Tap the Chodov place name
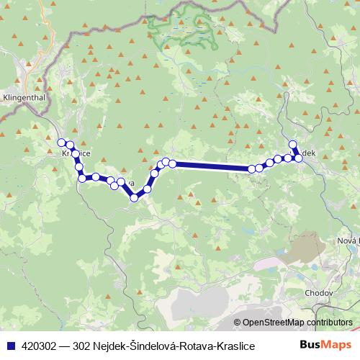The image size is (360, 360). pyautogui.click(x=318, y=294)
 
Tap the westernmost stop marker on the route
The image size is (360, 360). pyautogui.click(x=62, y=143)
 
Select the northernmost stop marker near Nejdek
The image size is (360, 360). pyautogui.click(x=292, y=144)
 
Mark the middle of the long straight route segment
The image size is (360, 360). pyautogui.click(x=212, y=166)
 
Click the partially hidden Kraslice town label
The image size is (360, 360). pyautogui.click(x=76, y=153)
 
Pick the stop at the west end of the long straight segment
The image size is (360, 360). pyautogui.click(x=172, y=164)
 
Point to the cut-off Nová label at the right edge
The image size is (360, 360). pyautogui.click(x=348, y=240)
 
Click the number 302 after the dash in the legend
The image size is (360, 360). pyautogui.click(x=86, y=346)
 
